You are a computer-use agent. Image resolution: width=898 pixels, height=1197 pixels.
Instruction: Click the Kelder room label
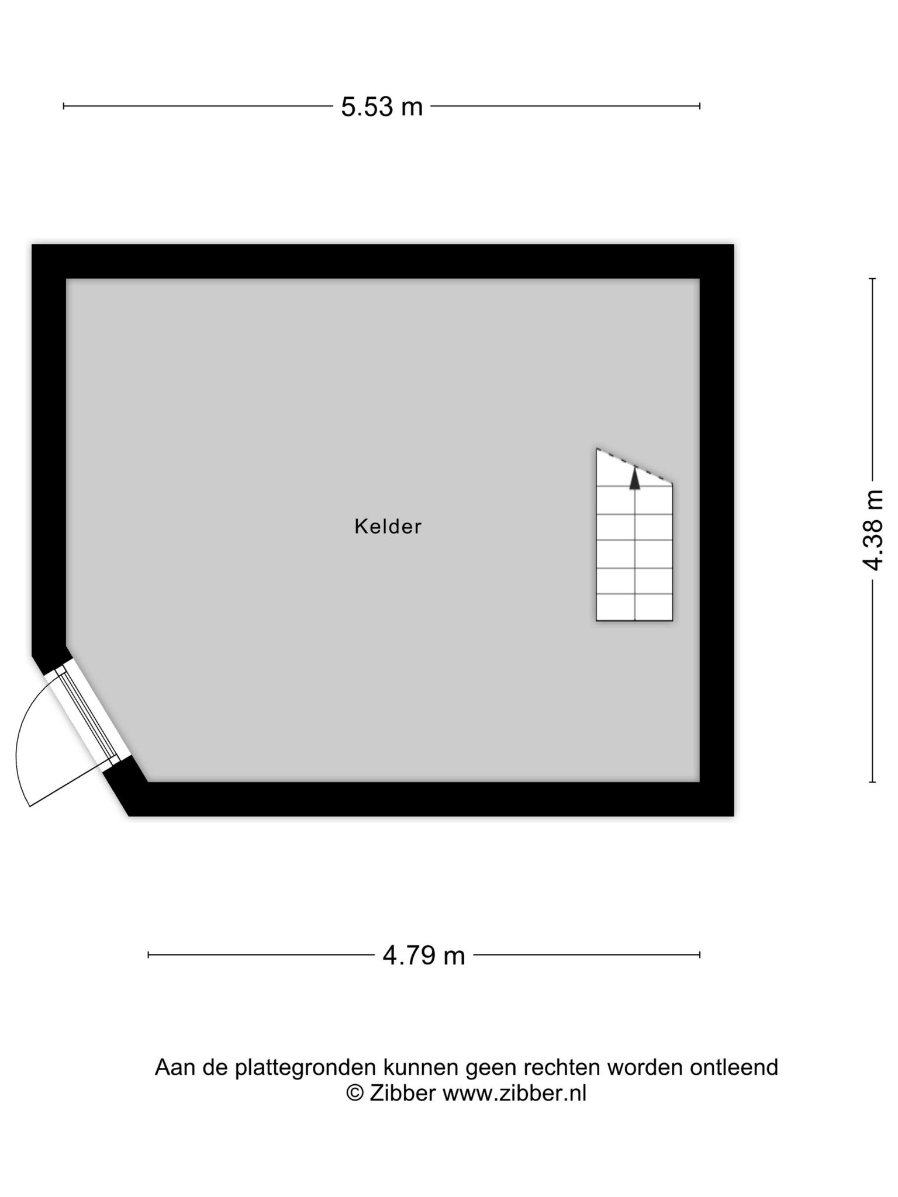[x=388, y=527]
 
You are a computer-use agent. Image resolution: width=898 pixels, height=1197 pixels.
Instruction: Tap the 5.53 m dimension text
[x=382, y=106]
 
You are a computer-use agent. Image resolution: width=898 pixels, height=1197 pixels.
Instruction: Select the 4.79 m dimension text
[x=424, y=956]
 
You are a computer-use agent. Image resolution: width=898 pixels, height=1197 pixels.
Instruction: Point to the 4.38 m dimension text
[x=873, y=530]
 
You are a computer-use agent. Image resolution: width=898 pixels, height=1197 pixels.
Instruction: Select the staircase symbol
[x=634, y=534]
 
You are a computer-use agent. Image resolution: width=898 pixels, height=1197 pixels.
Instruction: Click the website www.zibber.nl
[x=514, y=1092]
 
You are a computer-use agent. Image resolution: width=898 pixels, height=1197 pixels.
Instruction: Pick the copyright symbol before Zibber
[x=355, y=1092]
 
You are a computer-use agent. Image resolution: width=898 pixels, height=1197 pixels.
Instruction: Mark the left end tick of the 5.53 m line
[x=63, y=106]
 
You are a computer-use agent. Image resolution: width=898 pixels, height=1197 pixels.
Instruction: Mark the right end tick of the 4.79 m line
[x=700, y=955]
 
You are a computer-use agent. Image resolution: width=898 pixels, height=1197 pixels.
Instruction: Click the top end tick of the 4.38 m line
[x=872, y=279]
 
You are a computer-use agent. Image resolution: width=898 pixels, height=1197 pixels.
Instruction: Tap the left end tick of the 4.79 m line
[x=148, y=955]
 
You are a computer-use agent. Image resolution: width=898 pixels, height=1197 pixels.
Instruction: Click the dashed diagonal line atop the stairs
[x=634, y=466]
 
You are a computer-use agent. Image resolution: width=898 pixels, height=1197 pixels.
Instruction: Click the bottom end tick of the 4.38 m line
[x=872, y=781]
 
